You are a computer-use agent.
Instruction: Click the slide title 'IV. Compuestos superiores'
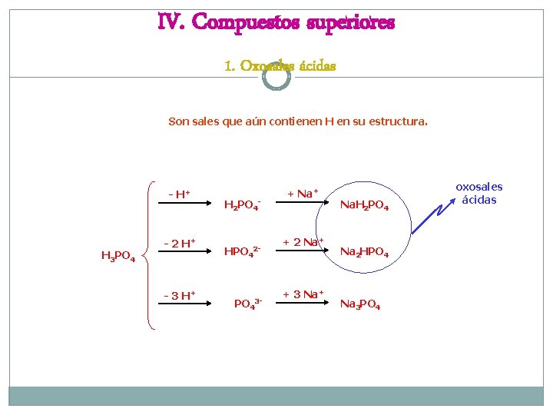(276, 23)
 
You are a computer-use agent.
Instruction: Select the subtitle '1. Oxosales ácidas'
(280, 65)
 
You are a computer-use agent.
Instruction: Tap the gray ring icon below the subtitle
(276, 77)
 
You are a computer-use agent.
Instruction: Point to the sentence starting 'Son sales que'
(298, 121)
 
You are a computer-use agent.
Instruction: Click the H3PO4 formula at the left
(118, 257)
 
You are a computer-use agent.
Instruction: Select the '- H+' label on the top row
(180, 194)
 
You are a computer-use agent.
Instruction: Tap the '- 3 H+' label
(179, 295)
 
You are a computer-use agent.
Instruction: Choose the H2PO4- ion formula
(243, 204)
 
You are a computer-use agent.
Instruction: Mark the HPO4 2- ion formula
(243, 251)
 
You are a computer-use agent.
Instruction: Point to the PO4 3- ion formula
(248, 304)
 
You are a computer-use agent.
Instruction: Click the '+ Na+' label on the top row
(303, 194)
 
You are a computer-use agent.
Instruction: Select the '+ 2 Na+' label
(303, 243)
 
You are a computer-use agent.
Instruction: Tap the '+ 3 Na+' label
(303, 294)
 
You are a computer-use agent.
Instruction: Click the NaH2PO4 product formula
(364, 206)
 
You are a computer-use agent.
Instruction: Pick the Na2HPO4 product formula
(364, 253)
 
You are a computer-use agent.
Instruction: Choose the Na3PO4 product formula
(359, 305)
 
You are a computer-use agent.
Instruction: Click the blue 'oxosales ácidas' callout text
(478, 193)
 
